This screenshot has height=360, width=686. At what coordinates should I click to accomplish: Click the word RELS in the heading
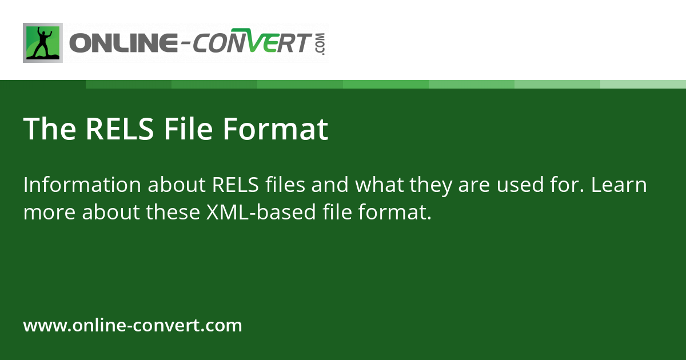[x=119, y=129]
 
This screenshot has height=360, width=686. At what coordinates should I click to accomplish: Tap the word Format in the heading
[x=275, y=129]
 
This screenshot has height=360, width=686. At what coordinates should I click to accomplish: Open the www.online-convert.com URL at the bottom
[x=133, y=326]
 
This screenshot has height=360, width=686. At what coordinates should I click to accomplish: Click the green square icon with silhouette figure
[x=43, y=43]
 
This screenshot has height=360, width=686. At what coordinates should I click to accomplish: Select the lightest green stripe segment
[x=643, y=84]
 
